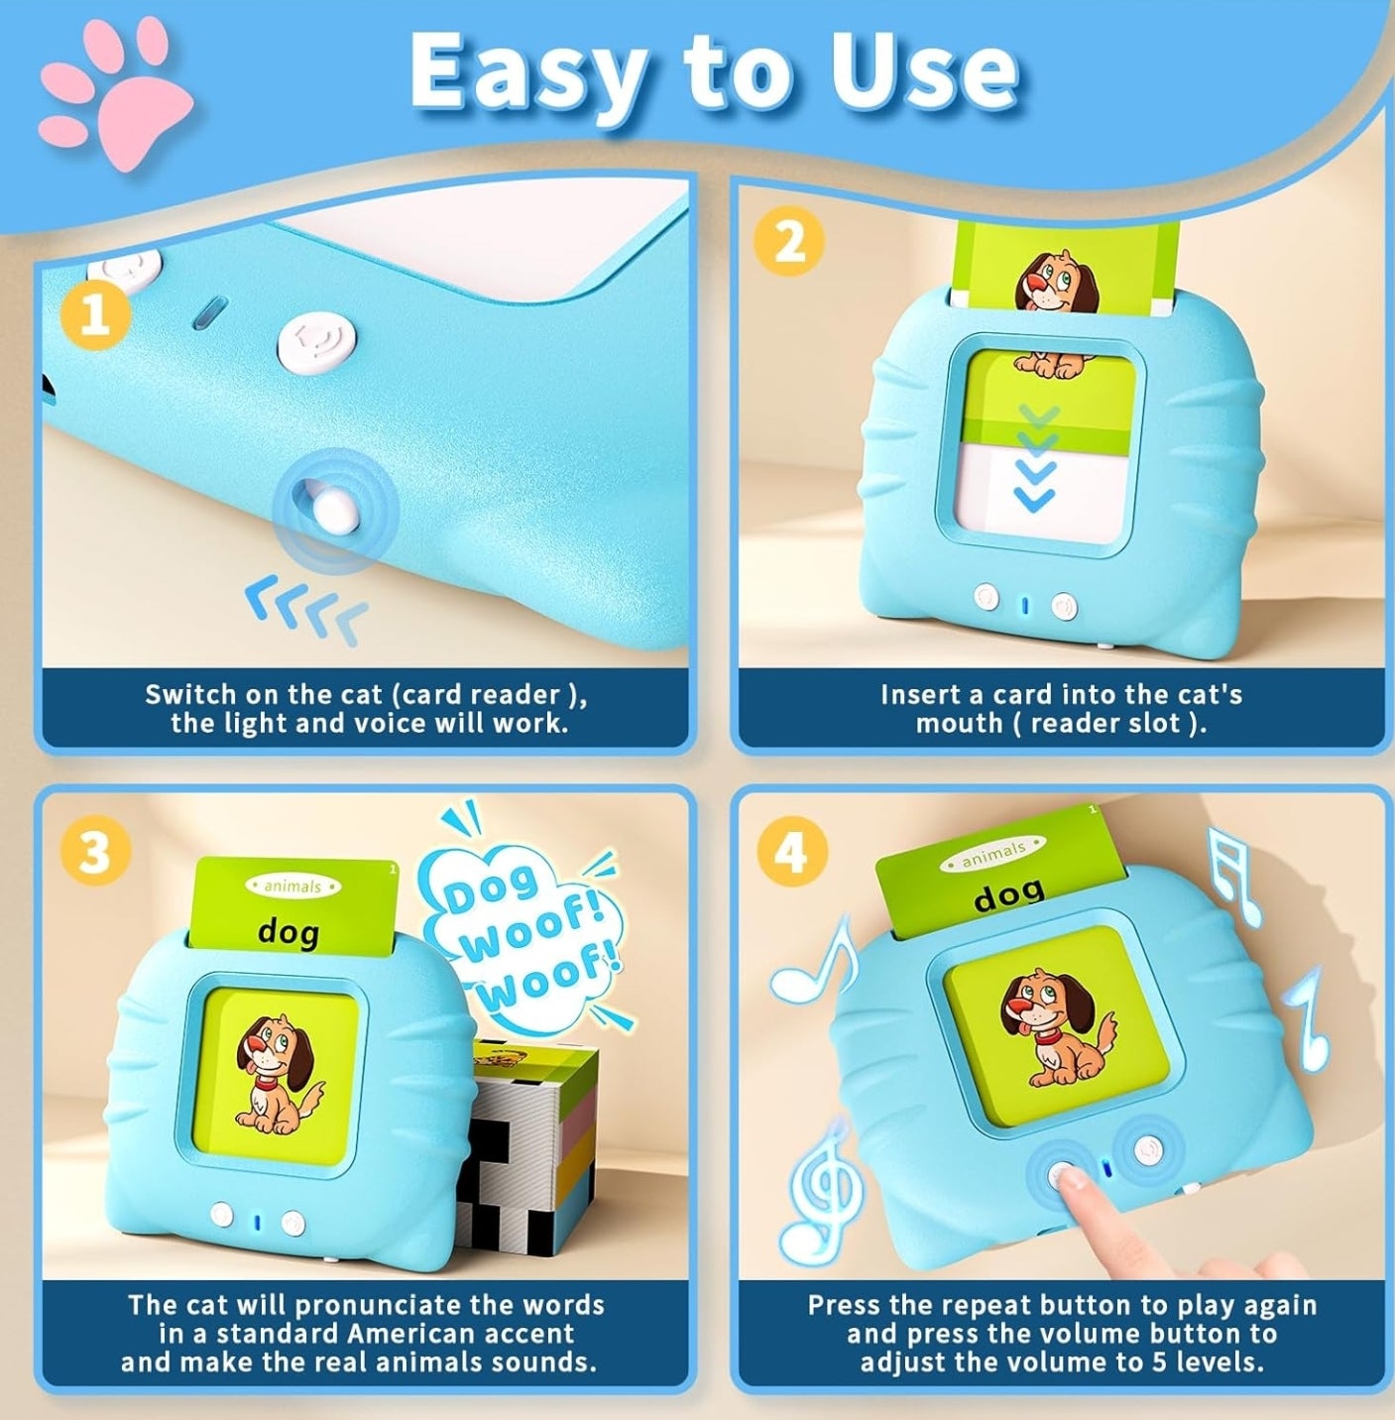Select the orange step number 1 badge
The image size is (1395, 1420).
tap(95, 317)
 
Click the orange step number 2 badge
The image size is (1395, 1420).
tap(789, 241)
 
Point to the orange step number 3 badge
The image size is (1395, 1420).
tap(95, 854)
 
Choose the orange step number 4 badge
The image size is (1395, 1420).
tap(791, 854)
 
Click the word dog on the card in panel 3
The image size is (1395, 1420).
tap(289, 932)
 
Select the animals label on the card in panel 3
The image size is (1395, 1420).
tap(292, 886)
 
